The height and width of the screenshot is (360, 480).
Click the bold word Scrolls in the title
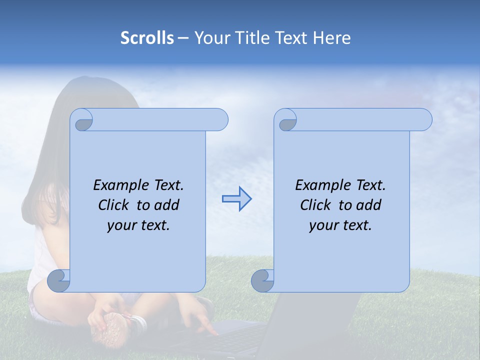click(147, 38)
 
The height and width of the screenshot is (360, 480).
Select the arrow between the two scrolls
click(236, 199)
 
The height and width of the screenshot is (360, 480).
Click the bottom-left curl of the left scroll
click(59, 281)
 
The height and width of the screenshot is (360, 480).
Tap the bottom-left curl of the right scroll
click(263, 281)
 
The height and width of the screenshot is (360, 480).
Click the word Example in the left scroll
click(116, 185)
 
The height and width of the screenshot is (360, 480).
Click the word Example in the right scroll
click(318, 185)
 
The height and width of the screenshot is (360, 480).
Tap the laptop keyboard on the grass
click(235, 340)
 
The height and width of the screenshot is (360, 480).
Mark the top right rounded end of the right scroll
click(422, 120)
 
